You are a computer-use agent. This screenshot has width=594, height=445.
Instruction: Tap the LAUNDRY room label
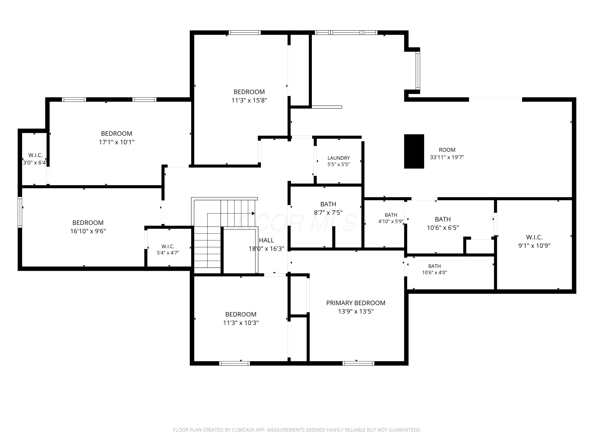point(339,158)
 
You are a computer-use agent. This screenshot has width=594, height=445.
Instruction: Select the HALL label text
point(266,240)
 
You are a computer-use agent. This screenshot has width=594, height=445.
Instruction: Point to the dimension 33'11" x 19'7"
point(447,157)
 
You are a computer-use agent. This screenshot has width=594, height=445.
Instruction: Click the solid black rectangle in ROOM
point(414,151)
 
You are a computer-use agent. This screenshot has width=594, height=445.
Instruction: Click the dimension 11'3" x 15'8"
point(249,100)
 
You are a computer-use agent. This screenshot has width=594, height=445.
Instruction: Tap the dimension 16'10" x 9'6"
point(88,231)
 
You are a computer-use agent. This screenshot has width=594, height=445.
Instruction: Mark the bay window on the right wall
point(418,70)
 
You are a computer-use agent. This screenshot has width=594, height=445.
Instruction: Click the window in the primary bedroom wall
point(358,364)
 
